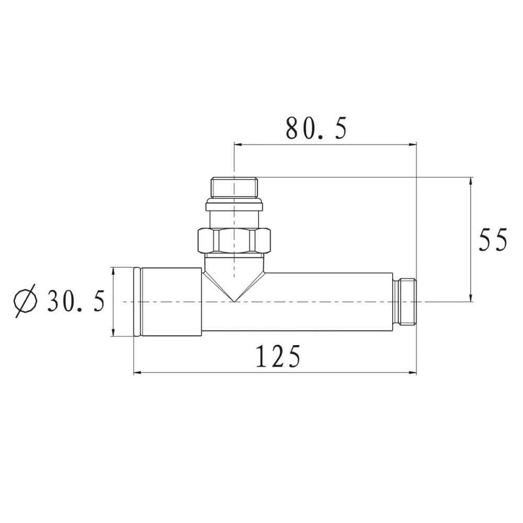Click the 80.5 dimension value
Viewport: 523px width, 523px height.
[x=316, y=128]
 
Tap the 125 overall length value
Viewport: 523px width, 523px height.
[x=278, y=357]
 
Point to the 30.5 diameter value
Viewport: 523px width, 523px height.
[x=76, y=301]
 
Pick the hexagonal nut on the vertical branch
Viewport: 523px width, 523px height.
[x=234, y=241]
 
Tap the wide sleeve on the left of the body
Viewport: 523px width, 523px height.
[x=170, y=302]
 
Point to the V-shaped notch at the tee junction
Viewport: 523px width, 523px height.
[x=234, y=293]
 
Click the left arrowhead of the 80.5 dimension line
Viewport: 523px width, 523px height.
[x=237, y=144]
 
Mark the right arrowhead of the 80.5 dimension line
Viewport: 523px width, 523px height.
[x=413, y=144]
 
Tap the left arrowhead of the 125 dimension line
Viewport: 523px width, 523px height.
[x=137, y=373]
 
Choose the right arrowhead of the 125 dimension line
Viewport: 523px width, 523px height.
[x=413, y=373]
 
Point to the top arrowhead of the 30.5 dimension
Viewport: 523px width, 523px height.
[x=113, y=271]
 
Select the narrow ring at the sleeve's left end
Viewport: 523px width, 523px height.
[x=137, y=302]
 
